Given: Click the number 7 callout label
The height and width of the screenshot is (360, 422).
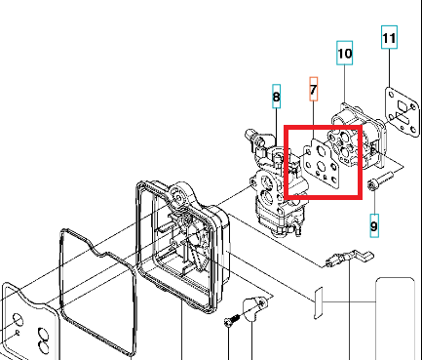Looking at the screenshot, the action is (x=313, y=89).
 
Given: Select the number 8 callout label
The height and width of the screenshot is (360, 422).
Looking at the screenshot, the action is (x=276, y=97).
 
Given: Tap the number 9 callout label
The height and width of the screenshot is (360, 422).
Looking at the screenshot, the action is (x=374, y=225).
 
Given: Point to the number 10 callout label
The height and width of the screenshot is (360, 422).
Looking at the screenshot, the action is (x=345, y=53).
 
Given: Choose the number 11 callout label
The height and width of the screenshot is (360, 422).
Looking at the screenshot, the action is (x=389, y=37).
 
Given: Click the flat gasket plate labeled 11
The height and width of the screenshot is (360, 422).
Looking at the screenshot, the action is (x=403, y=112).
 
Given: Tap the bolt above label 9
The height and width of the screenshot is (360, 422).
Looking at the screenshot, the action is (x=380, y=181).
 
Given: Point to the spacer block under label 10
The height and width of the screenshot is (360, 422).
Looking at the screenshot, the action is (x=358, y=137).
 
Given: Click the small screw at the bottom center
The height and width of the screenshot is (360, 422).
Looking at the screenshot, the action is (x=233, y=319).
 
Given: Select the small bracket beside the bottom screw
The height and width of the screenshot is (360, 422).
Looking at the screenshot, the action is (x=255, y=308).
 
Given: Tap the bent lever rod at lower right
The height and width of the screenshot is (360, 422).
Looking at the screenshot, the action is (x=350, y=259).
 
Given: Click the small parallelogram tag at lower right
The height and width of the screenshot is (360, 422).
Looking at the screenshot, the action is (x=319, y=303).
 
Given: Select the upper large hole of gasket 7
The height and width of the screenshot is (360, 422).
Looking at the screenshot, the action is (x=321, y=151).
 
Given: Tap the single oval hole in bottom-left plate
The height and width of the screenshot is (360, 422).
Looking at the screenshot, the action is (x=18, y=320).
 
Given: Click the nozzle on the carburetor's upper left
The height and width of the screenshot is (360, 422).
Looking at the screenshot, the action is (x=250, y=134).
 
